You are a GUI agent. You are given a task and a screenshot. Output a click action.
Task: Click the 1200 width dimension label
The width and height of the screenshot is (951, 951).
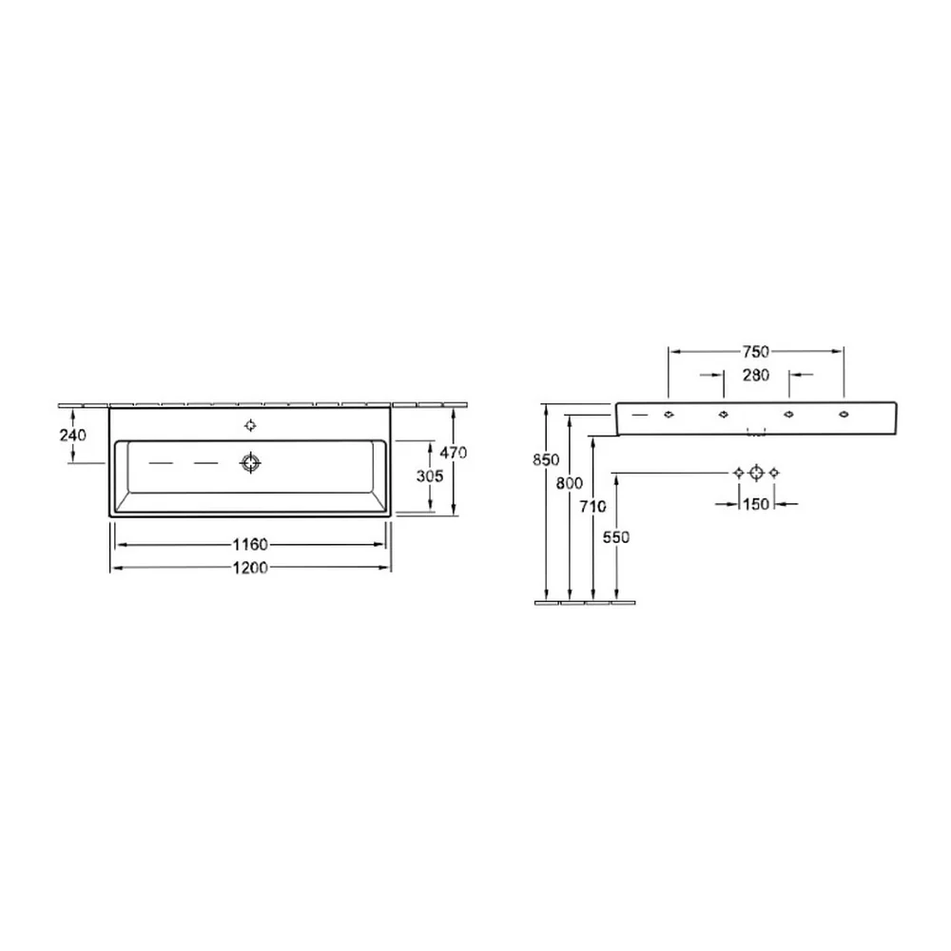coord(250,567)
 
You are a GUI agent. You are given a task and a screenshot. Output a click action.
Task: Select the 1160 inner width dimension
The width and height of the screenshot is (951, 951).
coord(250,544)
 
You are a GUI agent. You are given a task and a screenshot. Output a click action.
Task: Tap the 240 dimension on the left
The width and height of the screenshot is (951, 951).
coord(73,435)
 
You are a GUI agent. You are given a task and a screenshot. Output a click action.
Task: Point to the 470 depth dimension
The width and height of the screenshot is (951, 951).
coord(453,453)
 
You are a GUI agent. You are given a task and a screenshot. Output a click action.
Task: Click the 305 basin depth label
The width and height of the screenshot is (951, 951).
coord(430,476)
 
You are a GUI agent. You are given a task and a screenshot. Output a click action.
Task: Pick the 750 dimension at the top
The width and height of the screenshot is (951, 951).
coord(756,351)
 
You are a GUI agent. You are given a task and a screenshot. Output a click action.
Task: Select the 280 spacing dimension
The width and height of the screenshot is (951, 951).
coord(756,375)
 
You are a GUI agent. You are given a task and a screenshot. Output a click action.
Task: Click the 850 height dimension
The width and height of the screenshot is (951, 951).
coord(546,459)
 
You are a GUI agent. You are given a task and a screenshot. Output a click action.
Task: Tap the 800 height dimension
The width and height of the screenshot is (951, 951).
coord(570,483)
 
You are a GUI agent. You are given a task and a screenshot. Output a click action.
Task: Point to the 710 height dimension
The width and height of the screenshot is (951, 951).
coord(592,506)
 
